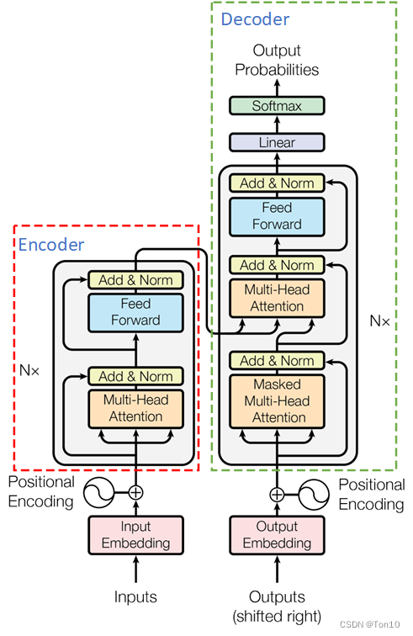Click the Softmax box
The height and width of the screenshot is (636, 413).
[x=277, y=106]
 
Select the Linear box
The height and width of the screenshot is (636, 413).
[x=277, y=142]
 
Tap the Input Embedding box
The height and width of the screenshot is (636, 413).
[x=135, y=535]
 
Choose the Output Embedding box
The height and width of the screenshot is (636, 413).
[x=277, y=535]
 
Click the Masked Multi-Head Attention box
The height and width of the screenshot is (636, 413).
[x=277, y=401]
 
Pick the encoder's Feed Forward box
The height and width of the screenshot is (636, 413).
[x=135, y=313]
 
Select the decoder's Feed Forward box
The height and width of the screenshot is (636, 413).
[x=277, y=216]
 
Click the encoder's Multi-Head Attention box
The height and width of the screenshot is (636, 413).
[x=135, y=409]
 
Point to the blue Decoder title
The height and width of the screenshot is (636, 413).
[x=255, y=19]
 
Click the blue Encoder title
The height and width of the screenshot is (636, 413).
[x=51, y=245]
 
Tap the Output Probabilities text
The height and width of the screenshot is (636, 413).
[x=277, y=60]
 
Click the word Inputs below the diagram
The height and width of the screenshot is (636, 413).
[x=135, y=596]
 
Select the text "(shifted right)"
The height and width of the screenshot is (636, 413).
[x=277, y=616]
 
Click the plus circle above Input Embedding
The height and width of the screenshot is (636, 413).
[x=135, y=492]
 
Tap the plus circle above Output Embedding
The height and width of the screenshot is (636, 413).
[x=277, y=495]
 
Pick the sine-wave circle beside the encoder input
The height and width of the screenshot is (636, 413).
[x=98, y=492]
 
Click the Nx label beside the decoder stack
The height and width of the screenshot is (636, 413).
[x=379, y=321]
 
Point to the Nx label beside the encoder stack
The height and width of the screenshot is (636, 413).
[x=29, y=370]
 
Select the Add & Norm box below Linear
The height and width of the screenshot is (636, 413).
[x=277, y=183]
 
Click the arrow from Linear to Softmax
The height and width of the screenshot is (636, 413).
[x=277, y=125]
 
